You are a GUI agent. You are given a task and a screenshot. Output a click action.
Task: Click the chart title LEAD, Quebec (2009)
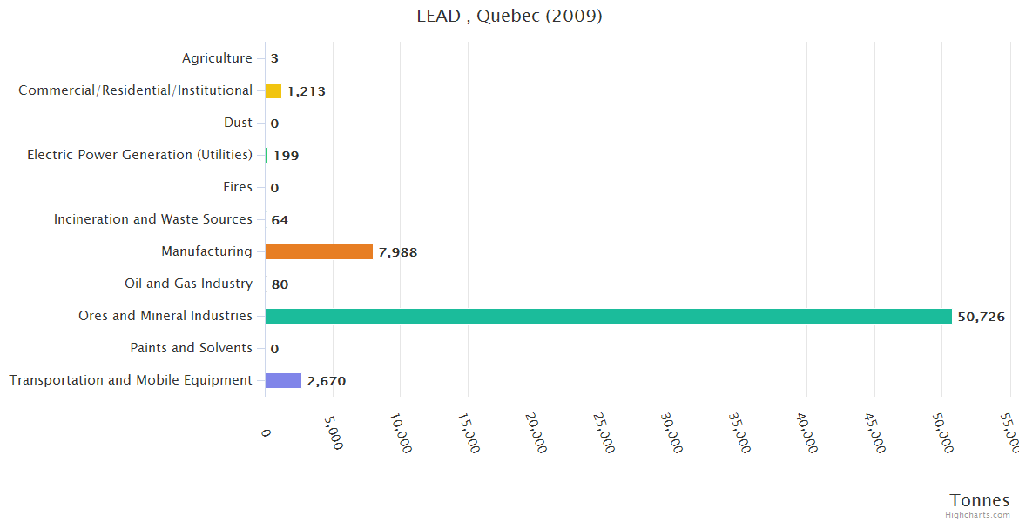[509, 17]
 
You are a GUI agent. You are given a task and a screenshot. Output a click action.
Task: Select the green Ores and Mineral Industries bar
[608, 316]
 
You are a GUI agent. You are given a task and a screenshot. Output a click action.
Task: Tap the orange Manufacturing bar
[319, 251]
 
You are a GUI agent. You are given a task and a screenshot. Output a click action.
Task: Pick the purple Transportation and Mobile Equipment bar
[283, 380]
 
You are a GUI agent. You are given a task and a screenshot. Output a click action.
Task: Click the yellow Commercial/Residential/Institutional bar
[273, 90]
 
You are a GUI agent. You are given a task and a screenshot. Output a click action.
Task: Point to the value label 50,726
[981, 317]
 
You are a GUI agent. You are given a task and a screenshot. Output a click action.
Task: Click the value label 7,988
[403, 252]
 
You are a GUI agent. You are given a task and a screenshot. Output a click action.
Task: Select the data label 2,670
[327, 381]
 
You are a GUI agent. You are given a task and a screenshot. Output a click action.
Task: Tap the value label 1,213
[307, 91]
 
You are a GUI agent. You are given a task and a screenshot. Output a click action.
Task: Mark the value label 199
[286, 156]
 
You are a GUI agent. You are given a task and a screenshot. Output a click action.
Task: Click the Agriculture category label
[217, 58]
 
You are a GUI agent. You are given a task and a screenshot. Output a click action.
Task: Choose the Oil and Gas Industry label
[189, 284]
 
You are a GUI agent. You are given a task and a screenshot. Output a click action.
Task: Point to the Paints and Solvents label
[192, 348]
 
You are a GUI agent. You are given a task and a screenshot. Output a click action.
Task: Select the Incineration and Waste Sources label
[153, 219]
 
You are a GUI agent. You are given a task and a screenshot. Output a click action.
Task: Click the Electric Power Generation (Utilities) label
[140, 155]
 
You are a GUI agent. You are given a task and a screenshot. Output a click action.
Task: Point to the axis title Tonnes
[980, 500]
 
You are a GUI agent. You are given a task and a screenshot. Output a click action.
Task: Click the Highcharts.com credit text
[978, 515]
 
